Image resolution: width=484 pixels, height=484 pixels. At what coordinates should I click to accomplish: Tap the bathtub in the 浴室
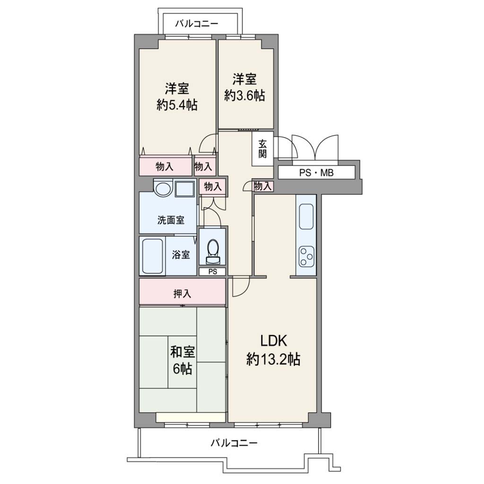click(x=153, y=256)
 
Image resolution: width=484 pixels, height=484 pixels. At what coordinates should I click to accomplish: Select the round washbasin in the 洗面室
click(x=163, y=188)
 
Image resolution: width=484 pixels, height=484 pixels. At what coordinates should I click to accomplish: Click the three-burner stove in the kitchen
click(x=306, y=256)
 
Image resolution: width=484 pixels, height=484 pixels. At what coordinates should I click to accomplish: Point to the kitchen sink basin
click(x=306, y=216)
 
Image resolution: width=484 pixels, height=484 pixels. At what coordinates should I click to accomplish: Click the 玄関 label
click(x=262, y=149)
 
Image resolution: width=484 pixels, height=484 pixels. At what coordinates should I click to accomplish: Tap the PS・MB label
click(x=316, y=173)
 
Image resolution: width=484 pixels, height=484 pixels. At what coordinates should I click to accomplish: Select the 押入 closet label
click(x=182, y=294)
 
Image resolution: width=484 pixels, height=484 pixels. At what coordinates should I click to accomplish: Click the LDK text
click(x=274, y=341)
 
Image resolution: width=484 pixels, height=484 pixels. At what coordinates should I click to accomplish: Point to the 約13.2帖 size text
click(x=274, y=359)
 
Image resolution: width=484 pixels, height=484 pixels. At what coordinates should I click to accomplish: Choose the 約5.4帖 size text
click(x=177, y=105)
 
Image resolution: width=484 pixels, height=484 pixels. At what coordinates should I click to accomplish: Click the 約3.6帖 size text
click(x=244, y=95)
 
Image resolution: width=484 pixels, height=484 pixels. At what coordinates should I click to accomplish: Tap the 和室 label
click(x=182, y=352)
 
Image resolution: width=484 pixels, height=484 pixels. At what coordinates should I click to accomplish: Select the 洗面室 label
click(x=171, y=220)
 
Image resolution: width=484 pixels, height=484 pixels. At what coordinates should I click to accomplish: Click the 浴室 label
click(x=181, y=255)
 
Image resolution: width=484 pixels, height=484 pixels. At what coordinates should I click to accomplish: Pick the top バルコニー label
click(x=197, y=24)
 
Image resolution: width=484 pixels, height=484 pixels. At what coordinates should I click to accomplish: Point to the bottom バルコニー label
click(x=234, y=443)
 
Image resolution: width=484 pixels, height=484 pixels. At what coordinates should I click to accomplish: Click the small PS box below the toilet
click(x=212, y=272)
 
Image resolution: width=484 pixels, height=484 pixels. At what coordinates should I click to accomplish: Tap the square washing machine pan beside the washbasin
click(x=185, y=188)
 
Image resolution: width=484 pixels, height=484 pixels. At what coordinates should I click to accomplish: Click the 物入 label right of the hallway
click(x=263, y=186)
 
